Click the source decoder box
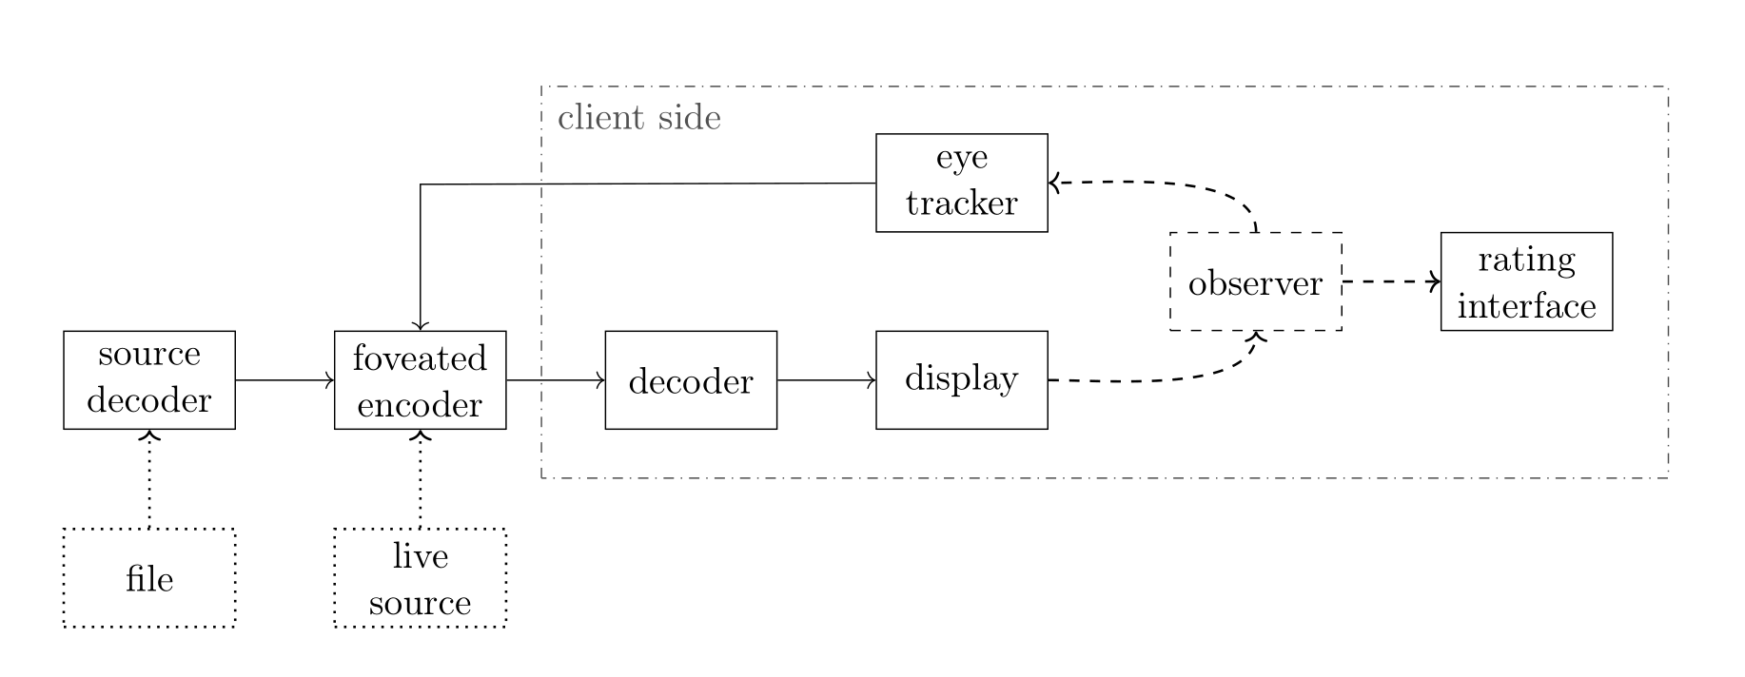(149, 379)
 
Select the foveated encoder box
(420, 379)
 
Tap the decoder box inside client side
(691, 379)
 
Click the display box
(961, 379)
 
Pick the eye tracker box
(961, 183)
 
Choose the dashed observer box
(1255, 281)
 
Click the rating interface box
(1526, 281)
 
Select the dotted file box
(149, 577)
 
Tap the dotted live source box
(420, 577)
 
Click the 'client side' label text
(638, 118)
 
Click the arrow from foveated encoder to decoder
(555, 379)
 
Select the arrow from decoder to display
(826, 379)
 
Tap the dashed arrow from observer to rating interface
(1390, 281)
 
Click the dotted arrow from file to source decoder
(149, 479)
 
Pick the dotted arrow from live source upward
(420, 479)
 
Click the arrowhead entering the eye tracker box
(1053, 182)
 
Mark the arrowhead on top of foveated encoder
(420, 325)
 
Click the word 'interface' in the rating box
(1526, 306)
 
